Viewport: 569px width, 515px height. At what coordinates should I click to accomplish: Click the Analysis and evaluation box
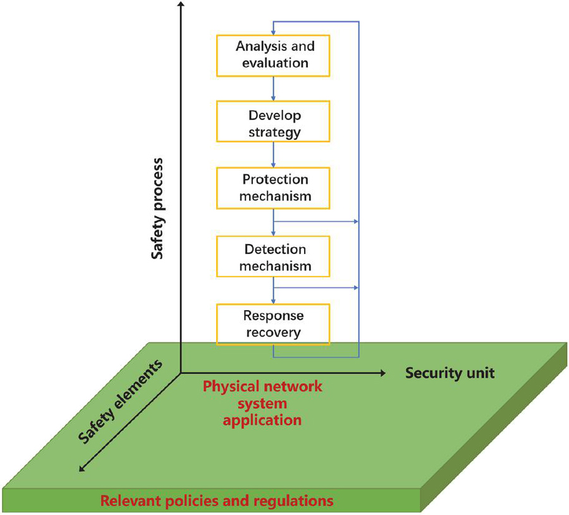click(273, 54)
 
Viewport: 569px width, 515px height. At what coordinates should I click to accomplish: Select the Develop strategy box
click(273, 124)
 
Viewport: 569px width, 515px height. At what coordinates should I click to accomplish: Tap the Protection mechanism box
click(273, 188)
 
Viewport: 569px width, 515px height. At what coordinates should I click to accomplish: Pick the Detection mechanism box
click(273, 257)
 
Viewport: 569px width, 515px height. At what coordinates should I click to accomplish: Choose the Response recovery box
click(273, 324)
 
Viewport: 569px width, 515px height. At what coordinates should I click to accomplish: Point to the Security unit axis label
click(450, 373)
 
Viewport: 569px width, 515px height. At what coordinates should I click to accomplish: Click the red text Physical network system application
click(262, 403)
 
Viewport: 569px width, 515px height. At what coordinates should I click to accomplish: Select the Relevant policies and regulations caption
click(217, 501)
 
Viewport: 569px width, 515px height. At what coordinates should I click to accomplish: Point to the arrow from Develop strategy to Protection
click(273, 155)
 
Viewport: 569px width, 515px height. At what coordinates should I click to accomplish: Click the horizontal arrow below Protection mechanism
click(316, 222)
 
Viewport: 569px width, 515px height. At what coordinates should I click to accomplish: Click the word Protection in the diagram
click(275, 179)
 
